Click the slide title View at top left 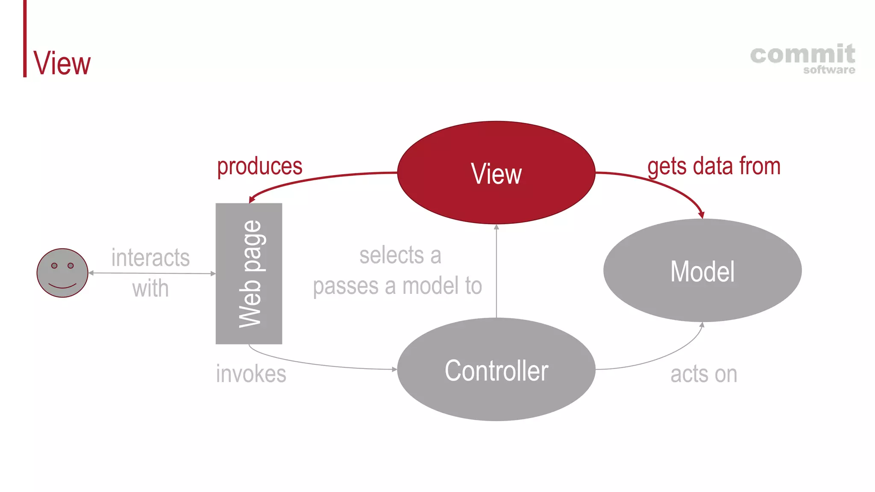62,63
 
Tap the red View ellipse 496,173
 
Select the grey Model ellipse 702,271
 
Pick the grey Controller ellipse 496,370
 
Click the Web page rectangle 249,273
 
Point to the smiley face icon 62,273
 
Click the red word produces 259,166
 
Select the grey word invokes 251,374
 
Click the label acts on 703,374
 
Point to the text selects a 400,255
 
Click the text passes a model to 397,286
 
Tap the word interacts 150,258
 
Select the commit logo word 802,55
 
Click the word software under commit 829,70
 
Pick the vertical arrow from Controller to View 496,273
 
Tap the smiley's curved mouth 62,285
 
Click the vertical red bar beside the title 25,38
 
